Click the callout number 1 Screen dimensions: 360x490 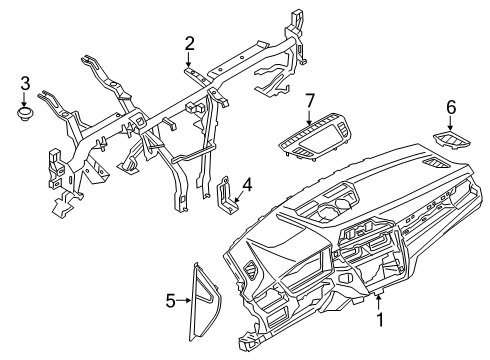(x=378, y=320)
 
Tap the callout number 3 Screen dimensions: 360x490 (x=26, y=83)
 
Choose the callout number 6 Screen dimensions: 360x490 (x=450, y=105)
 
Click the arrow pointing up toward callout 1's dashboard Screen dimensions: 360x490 (x=378, y=303)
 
